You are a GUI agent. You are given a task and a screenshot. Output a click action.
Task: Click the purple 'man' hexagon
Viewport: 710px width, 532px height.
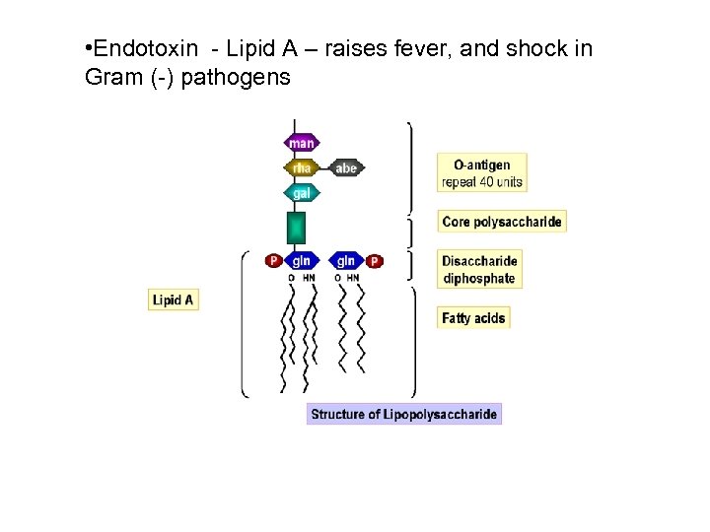click(x=302, y=144)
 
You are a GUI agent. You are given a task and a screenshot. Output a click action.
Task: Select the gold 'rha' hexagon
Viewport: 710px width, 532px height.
click(x=302, y=168)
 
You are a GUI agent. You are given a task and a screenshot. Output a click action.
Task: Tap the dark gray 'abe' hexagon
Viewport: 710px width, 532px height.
click(x=346, y=168)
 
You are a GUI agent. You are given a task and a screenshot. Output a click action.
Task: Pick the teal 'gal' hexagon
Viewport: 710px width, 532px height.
click(x=302, y=193)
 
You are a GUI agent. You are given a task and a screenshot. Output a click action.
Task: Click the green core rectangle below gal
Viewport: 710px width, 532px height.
click(x=296, y=228)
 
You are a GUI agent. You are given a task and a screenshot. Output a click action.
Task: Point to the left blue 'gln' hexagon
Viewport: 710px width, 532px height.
click(x=302, y=261)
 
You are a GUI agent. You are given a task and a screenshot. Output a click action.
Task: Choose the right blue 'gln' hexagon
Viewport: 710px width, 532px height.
click(x=346, y=261)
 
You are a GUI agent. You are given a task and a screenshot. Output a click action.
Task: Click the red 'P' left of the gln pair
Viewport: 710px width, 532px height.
click(x=274, y=261)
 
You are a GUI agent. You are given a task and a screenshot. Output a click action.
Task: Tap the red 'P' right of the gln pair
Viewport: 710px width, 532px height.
click(x=374, y=261)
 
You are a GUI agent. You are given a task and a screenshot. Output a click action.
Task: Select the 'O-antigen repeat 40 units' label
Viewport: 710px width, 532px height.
click(x=482, y=173)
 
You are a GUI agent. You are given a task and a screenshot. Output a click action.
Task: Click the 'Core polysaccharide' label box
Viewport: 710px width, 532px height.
click(x=502, y=222)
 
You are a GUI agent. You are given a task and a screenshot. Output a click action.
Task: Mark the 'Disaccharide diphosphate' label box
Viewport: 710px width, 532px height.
click(x=479, y=270)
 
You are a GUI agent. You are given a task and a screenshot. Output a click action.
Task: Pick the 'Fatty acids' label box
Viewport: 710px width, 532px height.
click(x=473, y=318)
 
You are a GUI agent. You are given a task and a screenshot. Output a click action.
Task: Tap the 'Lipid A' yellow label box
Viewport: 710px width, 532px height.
click(x=174, y=299)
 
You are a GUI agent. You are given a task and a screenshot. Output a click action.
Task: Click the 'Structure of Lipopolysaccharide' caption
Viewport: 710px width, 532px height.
click(x=404, y=414)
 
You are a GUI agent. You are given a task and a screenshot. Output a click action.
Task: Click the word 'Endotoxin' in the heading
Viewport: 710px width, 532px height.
click(x=139, y=49)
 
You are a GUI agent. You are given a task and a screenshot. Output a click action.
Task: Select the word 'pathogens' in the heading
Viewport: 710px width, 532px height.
click(x=243, y=77)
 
